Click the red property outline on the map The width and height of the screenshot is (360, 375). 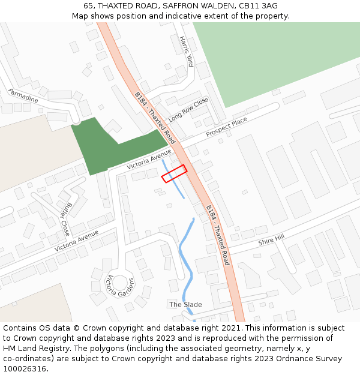pyautogui.click(x=174, y=173)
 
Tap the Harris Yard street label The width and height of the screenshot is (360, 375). pyautogui.click(x=187, y=51)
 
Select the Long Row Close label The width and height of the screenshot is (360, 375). pyautogui.click(x=188, y=109)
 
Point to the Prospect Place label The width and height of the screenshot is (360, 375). pyautogui.click(x=226, y=128)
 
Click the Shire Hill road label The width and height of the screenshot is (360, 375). pyautogui.click(x=271, y=240)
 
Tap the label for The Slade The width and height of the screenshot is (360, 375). pyautogui.click(x=185, y=304)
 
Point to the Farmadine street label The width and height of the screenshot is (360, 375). pyautogui.click(x=23, y=95)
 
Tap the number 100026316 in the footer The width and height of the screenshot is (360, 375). pyautogui.click(x=25, y=368)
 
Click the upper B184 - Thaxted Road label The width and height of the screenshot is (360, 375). pyautogui.click(x=154, y=115)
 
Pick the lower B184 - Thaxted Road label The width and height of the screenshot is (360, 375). pyautogui.click(x=218, y=235)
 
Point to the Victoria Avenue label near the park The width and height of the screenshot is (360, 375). pyautogui.click(x=149, y=159)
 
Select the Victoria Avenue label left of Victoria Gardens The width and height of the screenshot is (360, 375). pyautogui.click(x=76, y=241)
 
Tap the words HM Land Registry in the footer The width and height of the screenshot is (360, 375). pyautogui.click(x=35, y=348)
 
